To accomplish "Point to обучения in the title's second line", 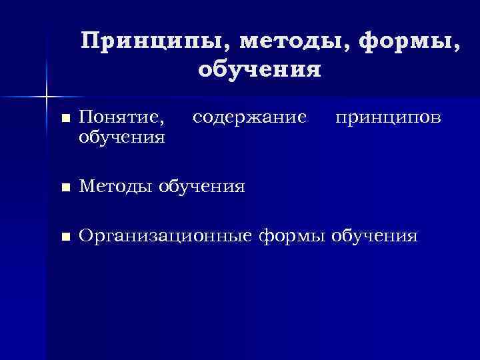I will pos(259,69).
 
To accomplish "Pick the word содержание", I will pos(249,118).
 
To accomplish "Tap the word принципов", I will pos(387,118).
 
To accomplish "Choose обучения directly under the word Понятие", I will pos(121,137).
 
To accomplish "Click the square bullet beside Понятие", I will pos(64,119).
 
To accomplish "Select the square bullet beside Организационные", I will pos(64,237).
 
